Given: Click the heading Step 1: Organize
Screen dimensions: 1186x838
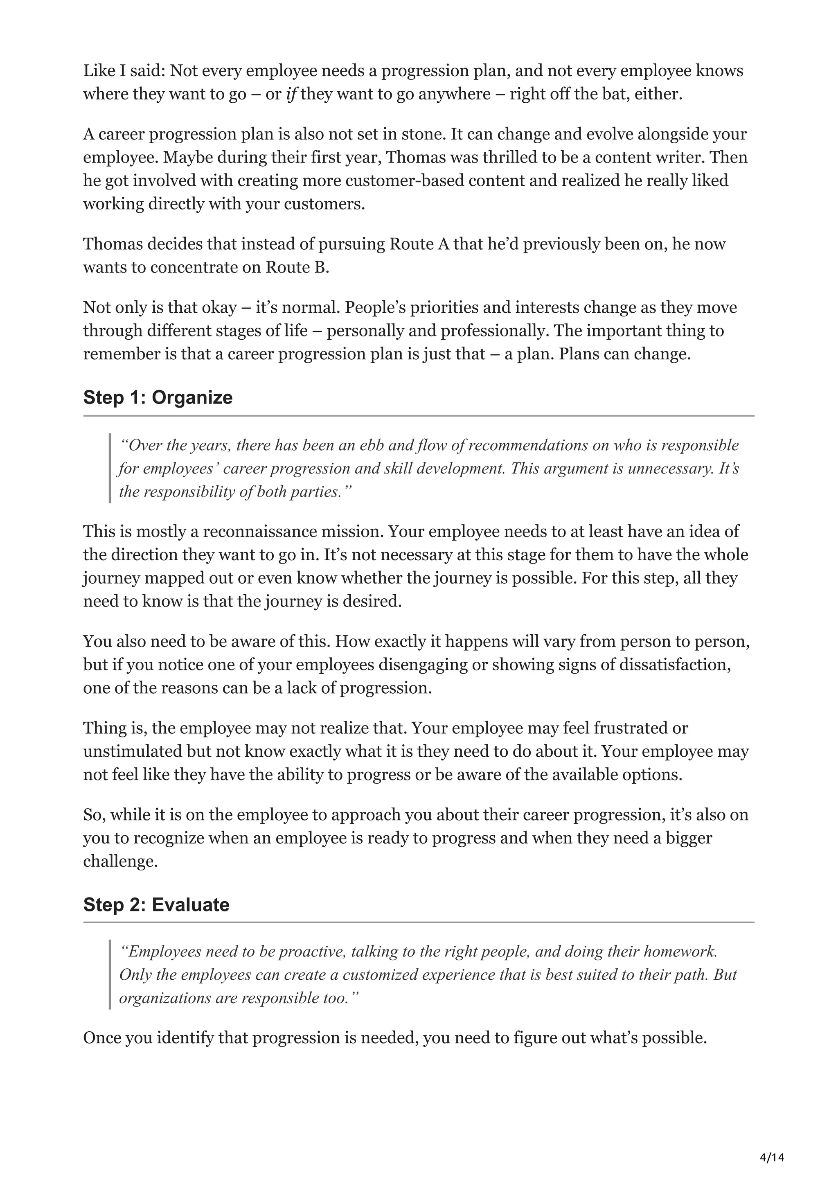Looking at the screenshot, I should click(158, 398).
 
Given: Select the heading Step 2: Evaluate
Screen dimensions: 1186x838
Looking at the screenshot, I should click(156, 904).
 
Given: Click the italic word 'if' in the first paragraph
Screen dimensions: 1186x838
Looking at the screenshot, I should click(291, 95).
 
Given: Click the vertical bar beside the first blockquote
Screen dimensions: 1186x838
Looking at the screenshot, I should click(110, 469).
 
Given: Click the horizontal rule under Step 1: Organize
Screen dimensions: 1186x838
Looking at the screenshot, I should click(418, 416).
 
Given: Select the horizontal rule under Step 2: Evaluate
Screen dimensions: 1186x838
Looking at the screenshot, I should click(418, 922).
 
